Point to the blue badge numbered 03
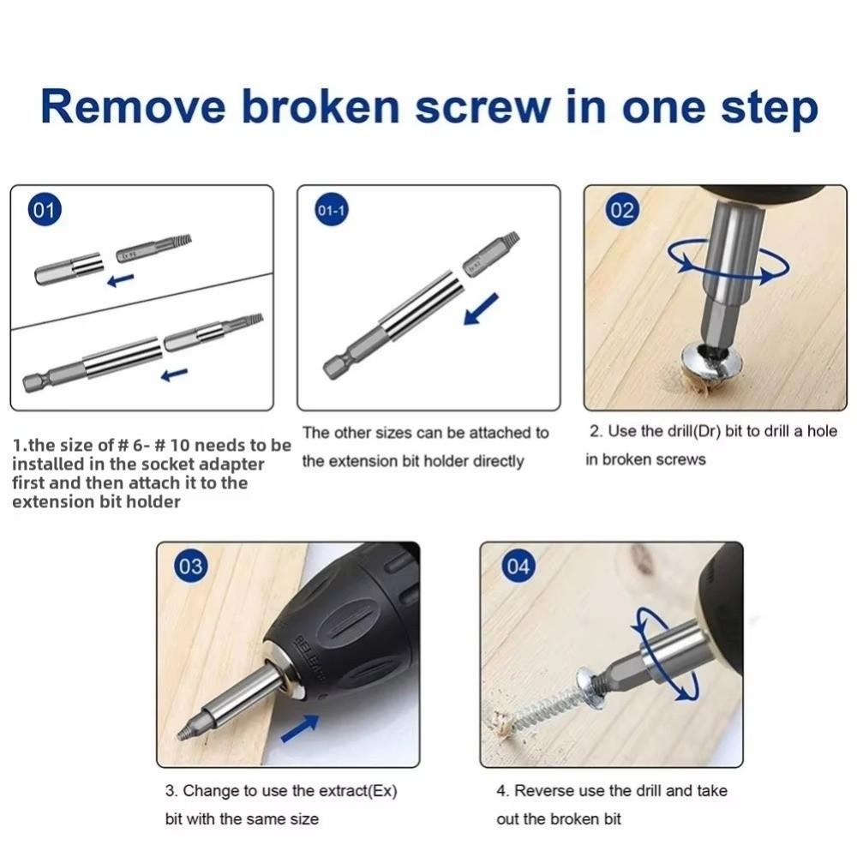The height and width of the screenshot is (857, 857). coord(191,567)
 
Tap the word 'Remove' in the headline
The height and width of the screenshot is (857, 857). coord(133,108)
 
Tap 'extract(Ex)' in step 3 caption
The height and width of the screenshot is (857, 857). coord(357,790)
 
